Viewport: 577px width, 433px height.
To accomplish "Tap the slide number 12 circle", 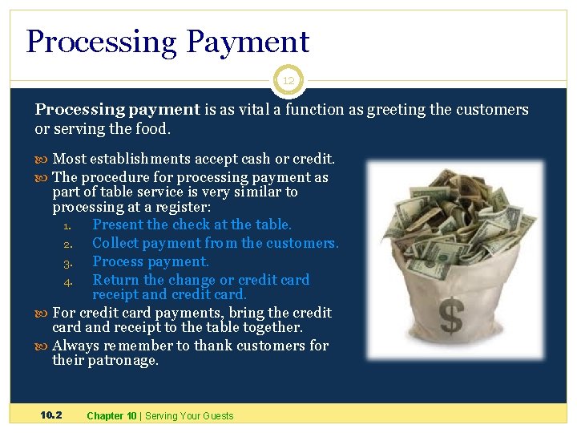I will pos(288,80).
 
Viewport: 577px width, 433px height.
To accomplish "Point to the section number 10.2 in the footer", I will pos(51,415).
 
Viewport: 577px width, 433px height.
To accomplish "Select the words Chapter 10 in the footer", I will pos(111,415).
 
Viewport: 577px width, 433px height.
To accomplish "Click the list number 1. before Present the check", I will pos(68,225).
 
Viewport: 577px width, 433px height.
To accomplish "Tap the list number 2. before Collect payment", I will pos(68,244).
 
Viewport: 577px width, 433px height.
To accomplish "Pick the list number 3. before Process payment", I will pos(68,262).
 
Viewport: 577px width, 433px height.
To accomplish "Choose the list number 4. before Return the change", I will pos(68,281).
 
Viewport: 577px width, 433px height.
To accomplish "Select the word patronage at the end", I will pos(123,361).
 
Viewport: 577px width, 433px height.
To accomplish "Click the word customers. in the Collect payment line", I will pos(302,243).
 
